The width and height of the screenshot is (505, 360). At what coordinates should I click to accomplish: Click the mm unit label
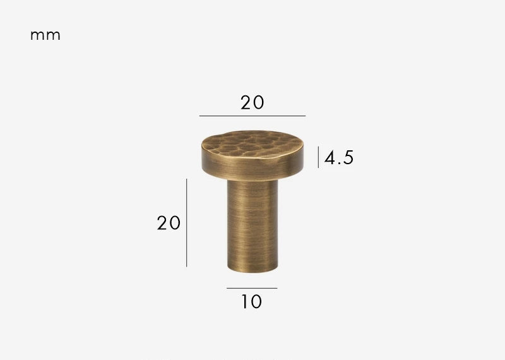coord(45,35)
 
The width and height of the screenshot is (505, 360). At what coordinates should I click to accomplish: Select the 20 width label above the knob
coord(252,102)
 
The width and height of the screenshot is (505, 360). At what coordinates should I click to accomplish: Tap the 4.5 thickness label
coord(339,157)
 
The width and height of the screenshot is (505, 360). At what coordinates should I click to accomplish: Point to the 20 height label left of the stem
coord(169,222)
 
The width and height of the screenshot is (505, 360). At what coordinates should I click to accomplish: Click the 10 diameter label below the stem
coord(251,302)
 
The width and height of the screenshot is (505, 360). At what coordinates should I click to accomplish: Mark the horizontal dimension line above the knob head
coord(252,116)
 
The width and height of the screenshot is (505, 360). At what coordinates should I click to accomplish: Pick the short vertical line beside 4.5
coord(319,157)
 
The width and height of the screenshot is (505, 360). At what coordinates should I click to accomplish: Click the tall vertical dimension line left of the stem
coord(186,222)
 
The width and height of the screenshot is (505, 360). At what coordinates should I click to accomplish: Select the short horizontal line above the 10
coord(251,288)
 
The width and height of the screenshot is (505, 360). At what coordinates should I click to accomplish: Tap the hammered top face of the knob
coord(252,140)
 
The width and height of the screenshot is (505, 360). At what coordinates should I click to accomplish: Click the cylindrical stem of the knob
coord(252,221)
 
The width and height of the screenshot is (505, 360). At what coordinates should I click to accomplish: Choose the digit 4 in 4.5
coord(330,157)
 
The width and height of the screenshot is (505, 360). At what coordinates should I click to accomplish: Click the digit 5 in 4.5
coord(348,157)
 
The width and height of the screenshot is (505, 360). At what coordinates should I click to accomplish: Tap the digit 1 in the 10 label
coord(244,302)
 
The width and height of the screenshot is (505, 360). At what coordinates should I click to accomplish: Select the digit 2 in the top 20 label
coord(246,102)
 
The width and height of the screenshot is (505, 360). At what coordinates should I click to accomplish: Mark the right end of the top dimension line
coord(305,116)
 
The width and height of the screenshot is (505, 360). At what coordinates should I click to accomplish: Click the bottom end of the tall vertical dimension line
coord(186,266)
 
